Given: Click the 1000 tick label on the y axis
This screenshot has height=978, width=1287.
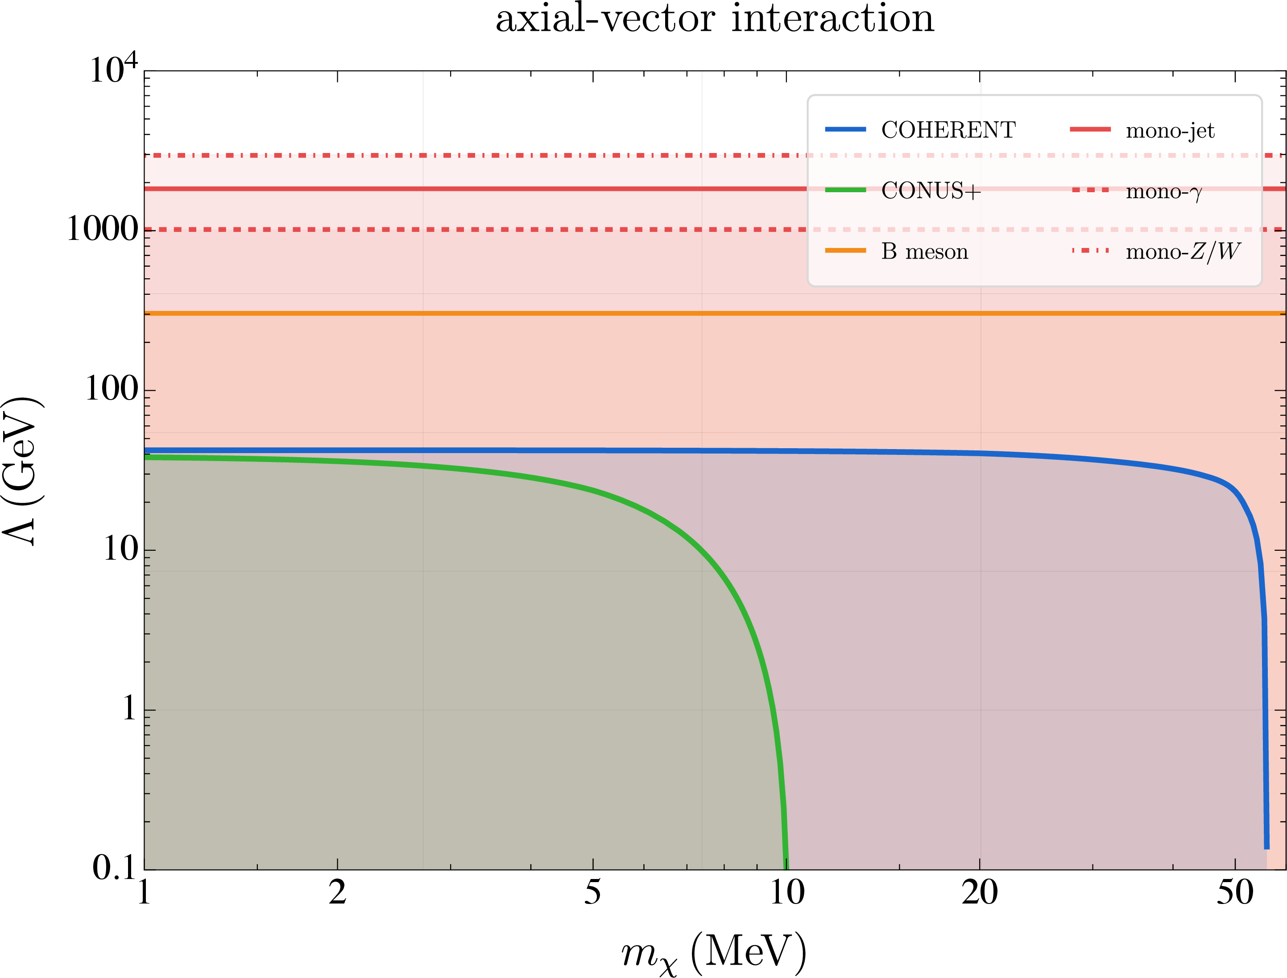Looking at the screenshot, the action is click(102, 229).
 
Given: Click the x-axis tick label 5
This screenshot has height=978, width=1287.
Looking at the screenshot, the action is click(592, 892).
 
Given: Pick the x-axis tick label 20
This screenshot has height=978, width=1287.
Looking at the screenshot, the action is click(980, 892).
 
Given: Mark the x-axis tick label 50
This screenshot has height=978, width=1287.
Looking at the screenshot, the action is click(1235, 892).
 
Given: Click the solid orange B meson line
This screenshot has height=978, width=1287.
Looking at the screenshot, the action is click(715, 313).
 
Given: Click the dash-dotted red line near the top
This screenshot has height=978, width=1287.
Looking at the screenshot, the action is click(715, 156).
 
